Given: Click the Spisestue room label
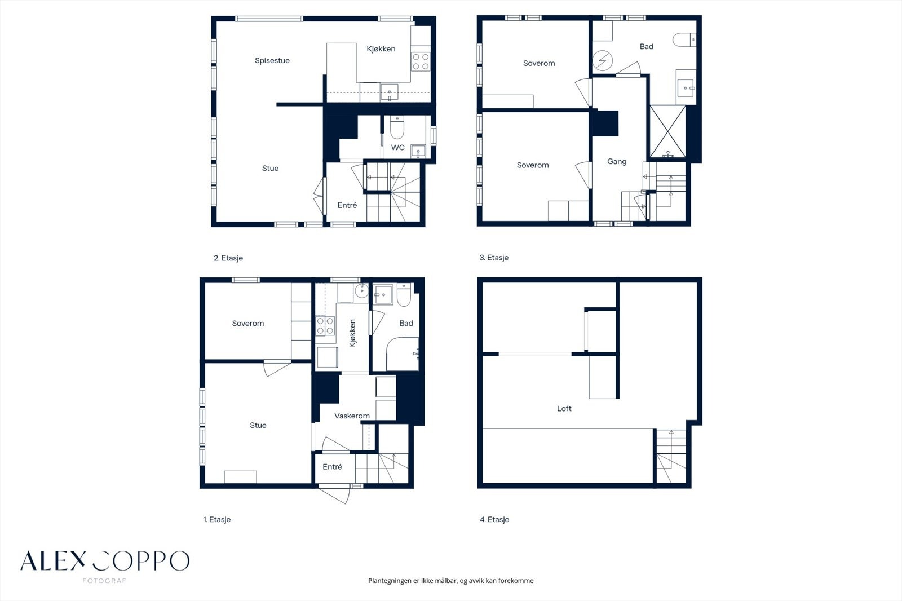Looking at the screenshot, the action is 272,60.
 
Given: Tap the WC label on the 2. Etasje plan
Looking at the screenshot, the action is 397,147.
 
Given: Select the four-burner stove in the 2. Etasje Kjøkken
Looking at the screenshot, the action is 421,61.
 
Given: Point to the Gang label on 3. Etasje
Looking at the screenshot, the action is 617,162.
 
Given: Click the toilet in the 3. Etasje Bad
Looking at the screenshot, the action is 684,39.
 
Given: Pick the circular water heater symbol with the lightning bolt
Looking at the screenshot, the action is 603,61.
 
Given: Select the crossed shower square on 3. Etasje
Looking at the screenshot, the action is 667,131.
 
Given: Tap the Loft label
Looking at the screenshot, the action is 564,408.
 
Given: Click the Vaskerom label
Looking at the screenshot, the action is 352,416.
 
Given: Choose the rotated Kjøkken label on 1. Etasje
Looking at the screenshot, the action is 353,334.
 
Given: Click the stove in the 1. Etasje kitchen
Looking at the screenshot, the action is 325,326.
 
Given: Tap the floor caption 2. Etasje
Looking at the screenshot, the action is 228,258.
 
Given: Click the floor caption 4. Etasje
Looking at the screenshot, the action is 494,520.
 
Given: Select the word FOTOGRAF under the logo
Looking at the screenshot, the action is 104,581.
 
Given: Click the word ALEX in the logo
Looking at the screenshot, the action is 53,561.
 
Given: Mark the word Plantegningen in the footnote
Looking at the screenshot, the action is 390,581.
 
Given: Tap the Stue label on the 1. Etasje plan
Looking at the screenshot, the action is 258,425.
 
